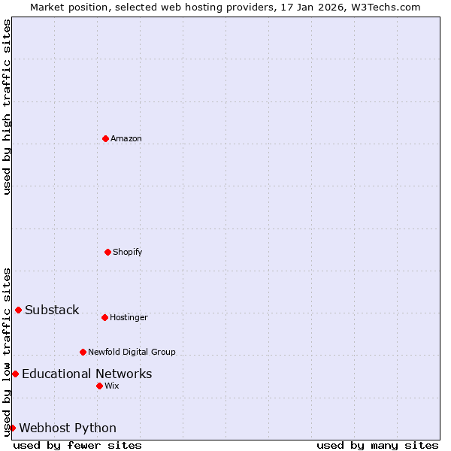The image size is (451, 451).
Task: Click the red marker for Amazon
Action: point(105,138)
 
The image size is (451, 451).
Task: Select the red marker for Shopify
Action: point(107,252)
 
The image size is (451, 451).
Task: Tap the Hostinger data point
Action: point(104,317)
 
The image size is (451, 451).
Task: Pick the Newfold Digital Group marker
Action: point(83,352)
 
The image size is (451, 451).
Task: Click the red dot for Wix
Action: point(99,386)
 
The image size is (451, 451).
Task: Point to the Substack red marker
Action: point(18,310)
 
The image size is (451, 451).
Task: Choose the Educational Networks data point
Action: point(15,374)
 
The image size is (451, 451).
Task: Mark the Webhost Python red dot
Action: point(12,428)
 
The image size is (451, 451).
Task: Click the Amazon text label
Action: point(126,139)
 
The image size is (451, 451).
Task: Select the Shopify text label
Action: point(128,253)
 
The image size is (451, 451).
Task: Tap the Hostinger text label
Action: point(129,318)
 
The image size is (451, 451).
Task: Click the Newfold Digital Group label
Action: point(132,353)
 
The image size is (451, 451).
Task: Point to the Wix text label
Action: point(112,386)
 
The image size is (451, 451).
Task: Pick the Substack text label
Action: point(52,310)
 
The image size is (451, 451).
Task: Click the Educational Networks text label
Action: point(87,374)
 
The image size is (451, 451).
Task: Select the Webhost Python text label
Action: point(68,428)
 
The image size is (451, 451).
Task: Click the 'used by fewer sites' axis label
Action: point(77,446)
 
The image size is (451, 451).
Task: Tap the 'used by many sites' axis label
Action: point(377,446)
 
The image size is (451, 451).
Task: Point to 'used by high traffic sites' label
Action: point(7,107)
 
